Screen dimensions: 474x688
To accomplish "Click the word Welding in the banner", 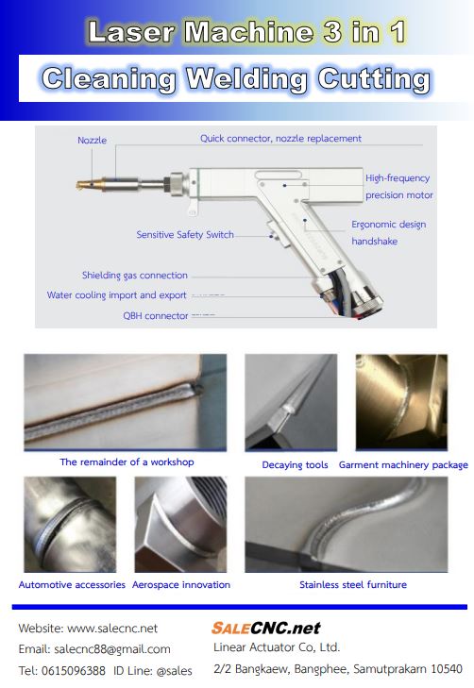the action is (x=246, y=79).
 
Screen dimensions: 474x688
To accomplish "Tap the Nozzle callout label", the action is (x=93, y=140).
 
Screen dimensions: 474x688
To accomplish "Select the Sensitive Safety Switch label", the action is (x=185, y=235).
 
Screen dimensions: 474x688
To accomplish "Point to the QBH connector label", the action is (x=156, y=315).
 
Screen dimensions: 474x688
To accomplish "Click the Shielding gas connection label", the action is (x=135, y=276).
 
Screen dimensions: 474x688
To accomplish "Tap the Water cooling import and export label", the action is (x=117, y=295).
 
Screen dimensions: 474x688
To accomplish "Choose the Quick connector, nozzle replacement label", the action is (x=280, y=139).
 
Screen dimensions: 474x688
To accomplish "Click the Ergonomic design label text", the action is (x=388, y=225).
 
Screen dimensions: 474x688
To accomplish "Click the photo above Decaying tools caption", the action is (x=291, y=402).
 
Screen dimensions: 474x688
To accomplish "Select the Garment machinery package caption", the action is (x=403, y=465).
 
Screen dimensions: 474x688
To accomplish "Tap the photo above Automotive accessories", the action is (x=70, y=525).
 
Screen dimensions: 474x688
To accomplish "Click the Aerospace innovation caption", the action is (x=181, y=585).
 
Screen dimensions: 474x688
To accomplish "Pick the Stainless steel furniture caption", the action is (x=353, y=585).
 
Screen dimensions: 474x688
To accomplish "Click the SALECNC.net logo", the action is (x=266, y=628).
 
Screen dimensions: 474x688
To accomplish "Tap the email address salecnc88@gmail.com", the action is (x=112, y=649).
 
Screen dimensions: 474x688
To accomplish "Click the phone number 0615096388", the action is (x=74, y=671).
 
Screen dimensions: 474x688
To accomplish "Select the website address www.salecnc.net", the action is (x=112, y=629).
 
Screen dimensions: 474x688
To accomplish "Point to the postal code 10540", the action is (x=447, y=669).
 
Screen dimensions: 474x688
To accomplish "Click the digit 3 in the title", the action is (x=332, y=31).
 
